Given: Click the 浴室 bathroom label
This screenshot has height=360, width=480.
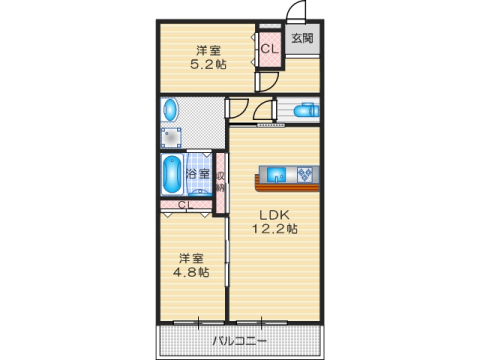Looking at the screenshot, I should click(198, 174).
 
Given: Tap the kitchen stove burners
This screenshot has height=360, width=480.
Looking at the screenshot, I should click(305, 173).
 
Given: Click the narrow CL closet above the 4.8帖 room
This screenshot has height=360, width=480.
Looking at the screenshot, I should click(183, 206).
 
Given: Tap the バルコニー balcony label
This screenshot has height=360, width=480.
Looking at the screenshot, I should click(240, 341).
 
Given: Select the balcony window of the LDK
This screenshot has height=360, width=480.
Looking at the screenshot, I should click(265, 322).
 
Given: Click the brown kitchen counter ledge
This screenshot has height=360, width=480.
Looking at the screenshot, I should click(285, 186).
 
